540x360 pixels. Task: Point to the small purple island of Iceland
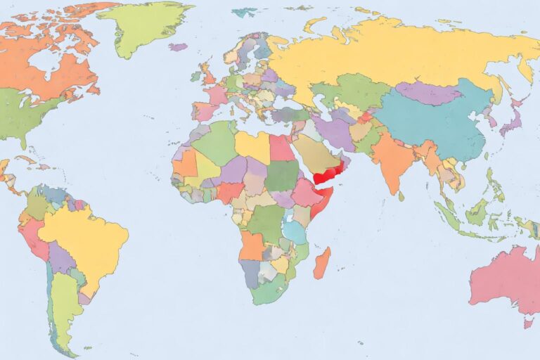point(179,47)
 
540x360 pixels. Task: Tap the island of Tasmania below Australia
point(528,323)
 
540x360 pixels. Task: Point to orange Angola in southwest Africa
point(252,245)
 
